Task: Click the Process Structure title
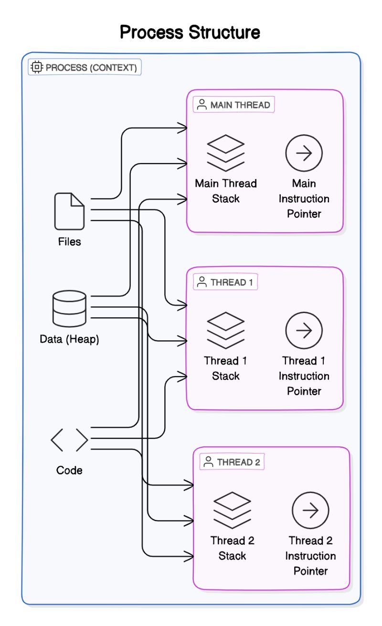190,32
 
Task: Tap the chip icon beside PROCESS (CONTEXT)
37,67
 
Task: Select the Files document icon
69,211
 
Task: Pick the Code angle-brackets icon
70,440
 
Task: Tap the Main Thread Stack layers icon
225,153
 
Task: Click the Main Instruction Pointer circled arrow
304,153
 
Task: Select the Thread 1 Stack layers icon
225,330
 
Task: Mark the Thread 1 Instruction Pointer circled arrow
304,330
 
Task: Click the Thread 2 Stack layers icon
232,510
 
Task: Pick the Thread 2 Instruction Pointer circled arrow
311,510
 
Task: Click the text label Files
70,242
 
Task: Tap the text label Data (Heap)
70,340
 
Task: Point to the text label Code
70,470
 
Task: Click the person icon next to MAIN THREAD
202,105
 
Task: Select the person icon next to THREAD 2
208,462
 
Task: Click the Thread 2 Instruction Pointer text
311,556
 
